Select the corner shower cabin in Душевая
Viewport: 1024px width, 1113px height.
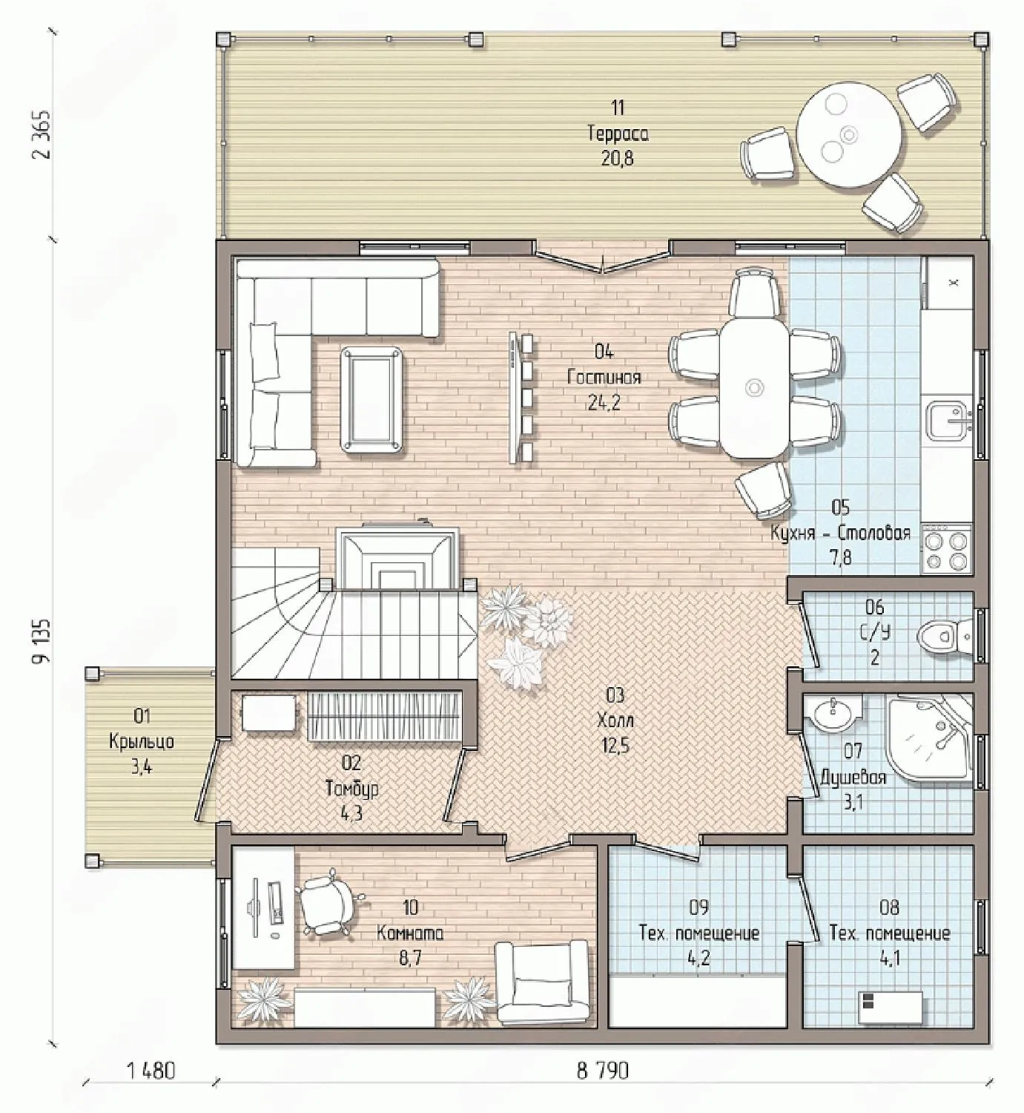pos(931,741)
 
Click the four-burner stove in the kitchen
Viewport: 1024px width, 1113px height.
pos(948,551)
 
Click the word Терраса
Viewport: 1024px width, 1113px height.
pos(618,134)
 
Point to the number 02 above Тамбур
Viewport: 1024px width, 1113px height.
pos(351,764)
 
